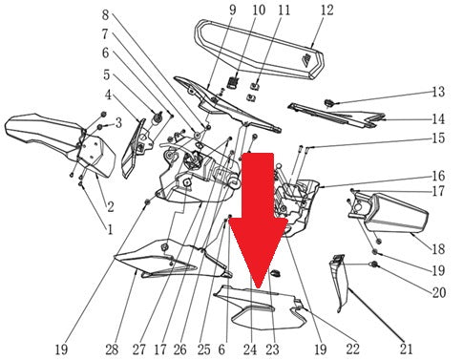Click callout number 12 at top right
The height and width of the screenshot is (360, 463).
tap(326, 11)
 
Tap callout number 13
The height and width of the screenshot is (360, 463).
tap(438, 92)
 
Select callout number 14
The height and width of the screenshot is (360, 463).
tap(438, 119)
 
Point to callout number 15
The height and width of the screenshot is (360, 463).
tap(438, 138)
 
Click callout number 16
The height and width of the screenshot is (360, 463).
tap(438, 176)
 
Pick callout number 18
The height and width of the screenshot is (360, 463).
tap(438, 248)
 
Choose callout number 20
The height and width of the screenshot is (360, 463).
tap(438, 292)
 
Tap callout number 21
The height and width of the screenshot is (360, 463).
tap(406, 349)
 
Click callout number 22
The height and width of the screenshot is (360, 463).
tap(352, 349)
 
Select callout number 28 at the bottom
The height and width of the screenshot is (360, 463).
tap(112, 349)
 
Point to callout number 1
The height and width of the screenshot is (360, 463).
tap(110, 229)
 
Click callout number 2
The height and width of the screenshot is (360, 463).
tap(111, 207)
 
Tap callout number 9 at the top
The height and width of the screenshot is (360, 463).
tap(233, 10)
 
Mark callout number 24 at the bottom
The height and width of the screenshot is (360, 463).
tap(250, 349)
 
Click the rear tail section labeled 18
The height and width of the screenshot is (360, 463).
tap(389, 212)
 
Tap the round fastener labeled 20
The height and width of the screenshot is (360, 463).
tap(374, 265)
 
